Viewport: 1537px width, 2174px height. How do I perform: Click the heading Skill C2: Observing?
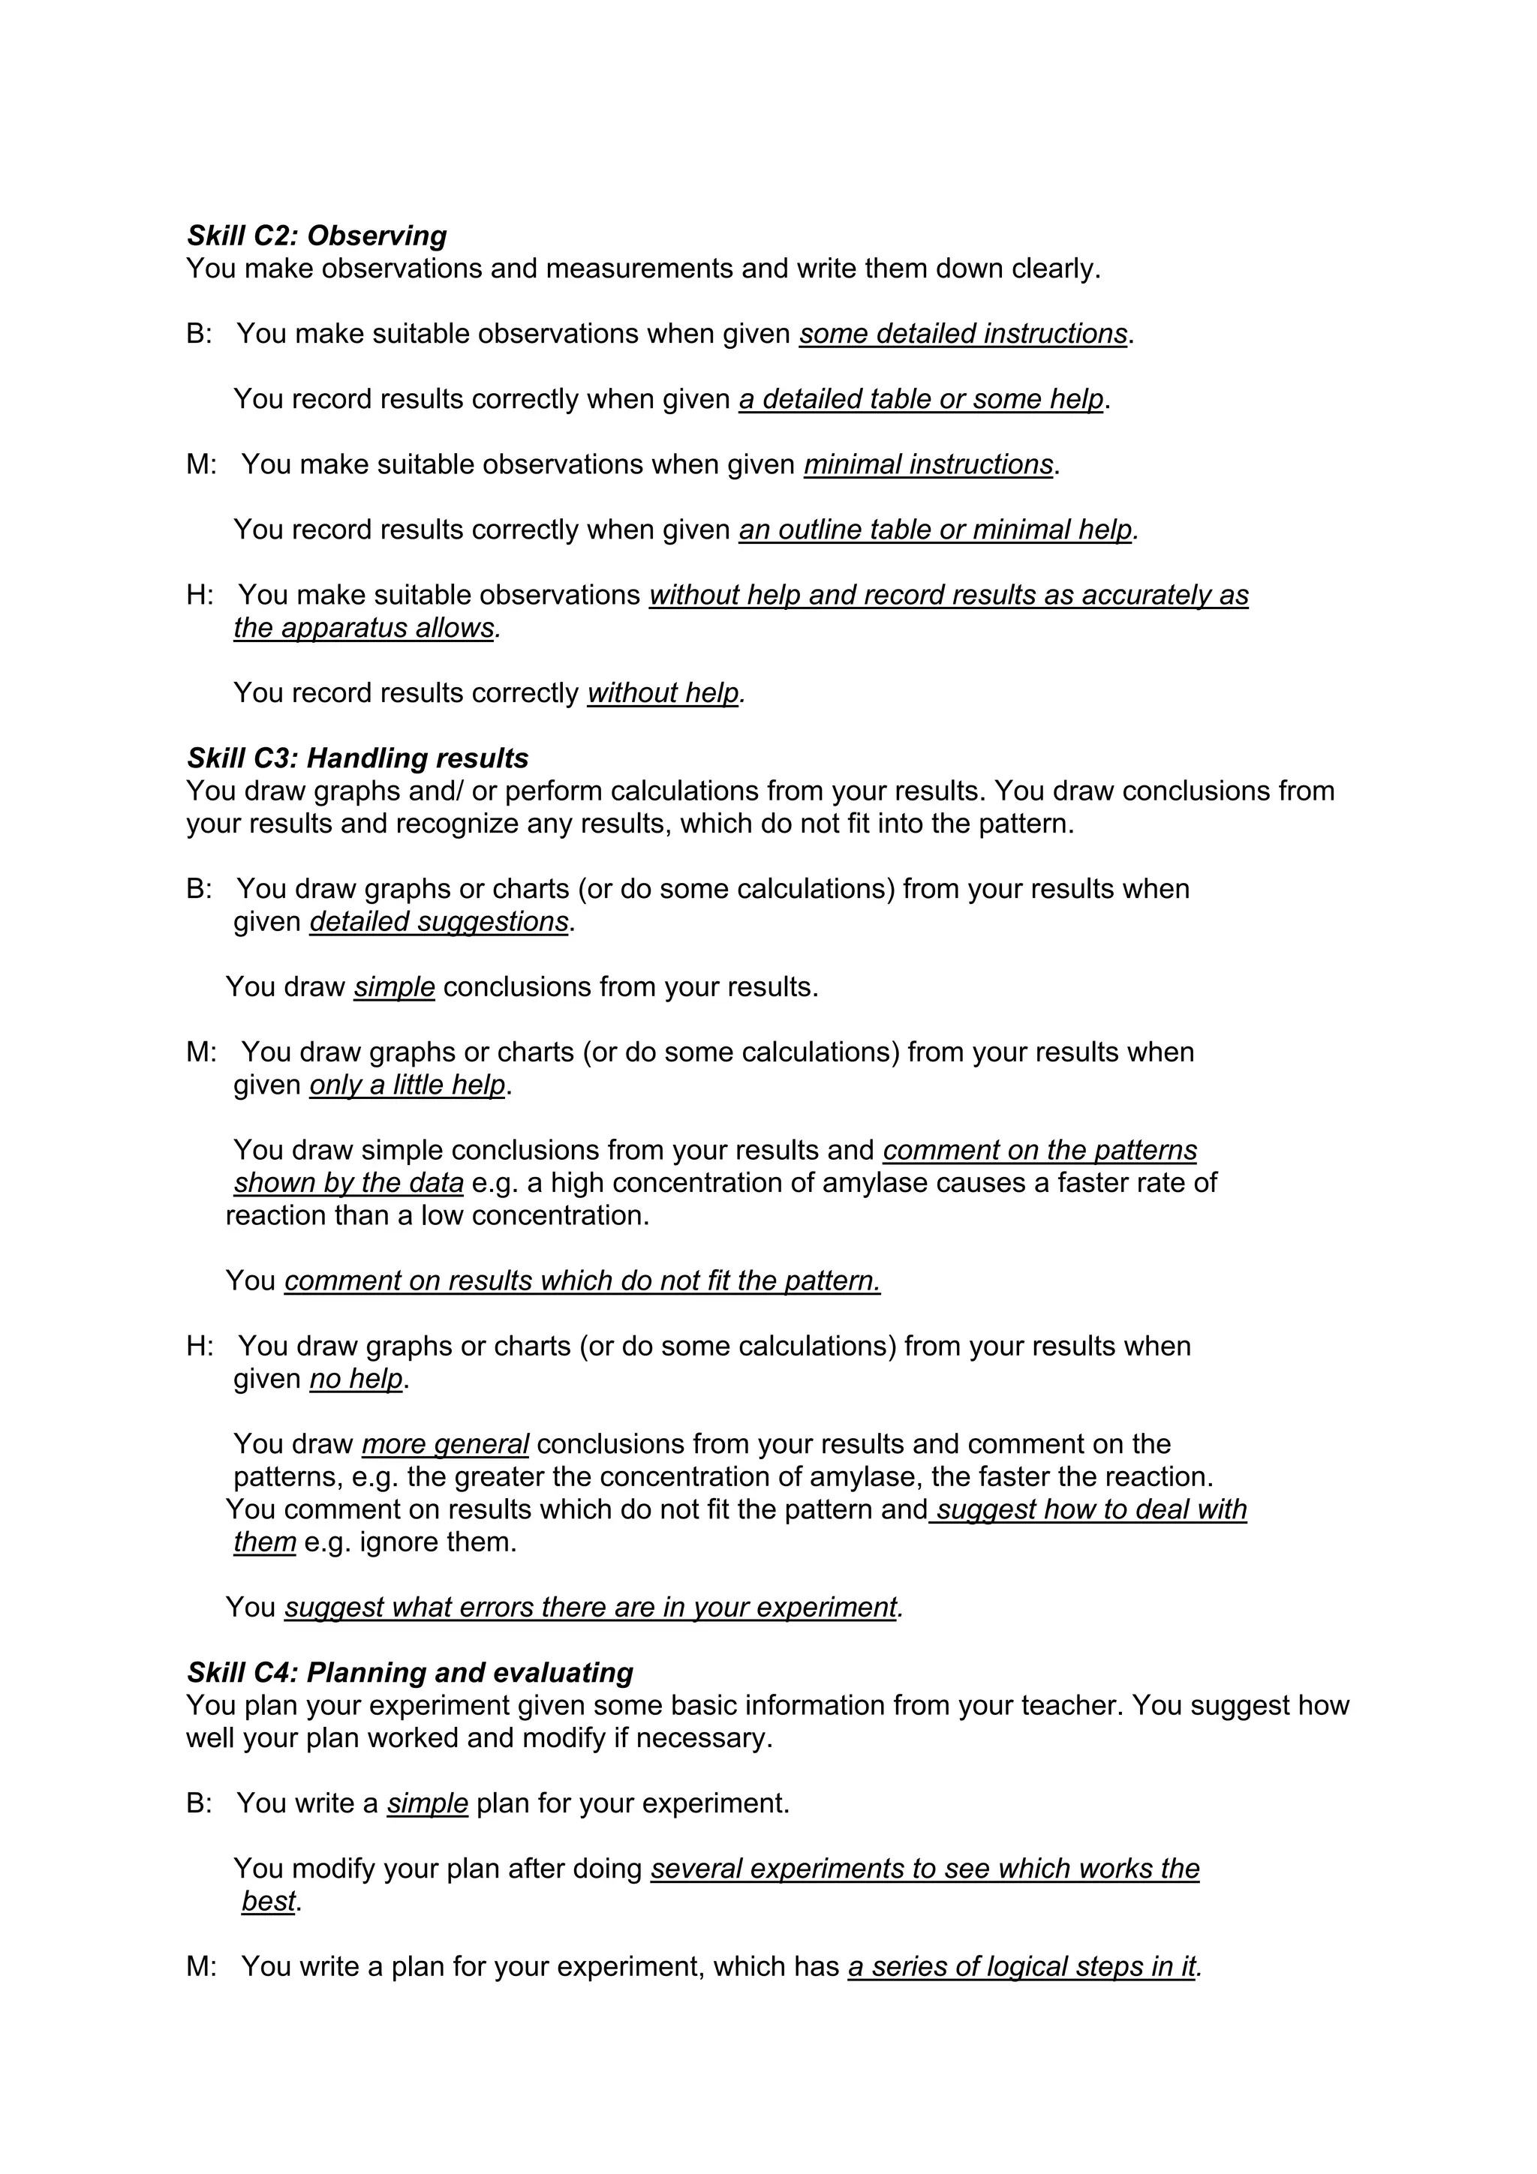point(316,236)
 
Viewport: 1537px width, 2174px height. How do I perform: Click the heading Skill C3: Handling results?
point(357,758)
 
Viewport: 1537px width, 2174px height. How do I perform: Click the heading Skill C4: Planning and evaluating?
point(409,1673)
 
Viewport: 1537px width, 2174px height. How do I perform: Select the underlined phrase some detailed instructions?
point(962,335)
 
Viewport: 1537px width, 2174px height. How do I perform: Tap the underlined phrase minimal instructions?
point(928,465)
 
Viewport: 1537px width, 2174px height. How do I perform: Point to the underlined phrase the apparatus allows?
point(364,628)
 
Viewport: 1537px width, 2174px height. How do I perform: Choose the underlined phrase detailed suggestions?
point(438,922)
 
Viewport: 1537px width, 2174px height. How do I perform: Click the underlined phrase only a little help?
point(408,1085)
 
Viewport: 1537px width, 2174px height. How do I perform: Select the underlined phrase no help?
point(356,1379)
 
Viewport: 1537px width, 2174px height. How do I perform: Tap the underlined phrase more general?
point(444,1445)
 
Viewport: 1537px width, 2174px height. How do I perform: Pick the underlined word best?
point(268,1902)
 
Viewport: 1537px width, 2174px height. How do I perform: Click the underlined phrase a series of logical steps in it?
point(1021,1968)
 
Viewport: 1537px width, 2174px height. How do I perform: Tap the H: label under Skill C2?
point(199,596)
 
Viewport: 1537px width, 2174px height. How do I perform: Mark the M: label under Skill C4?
point(201,1968)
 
